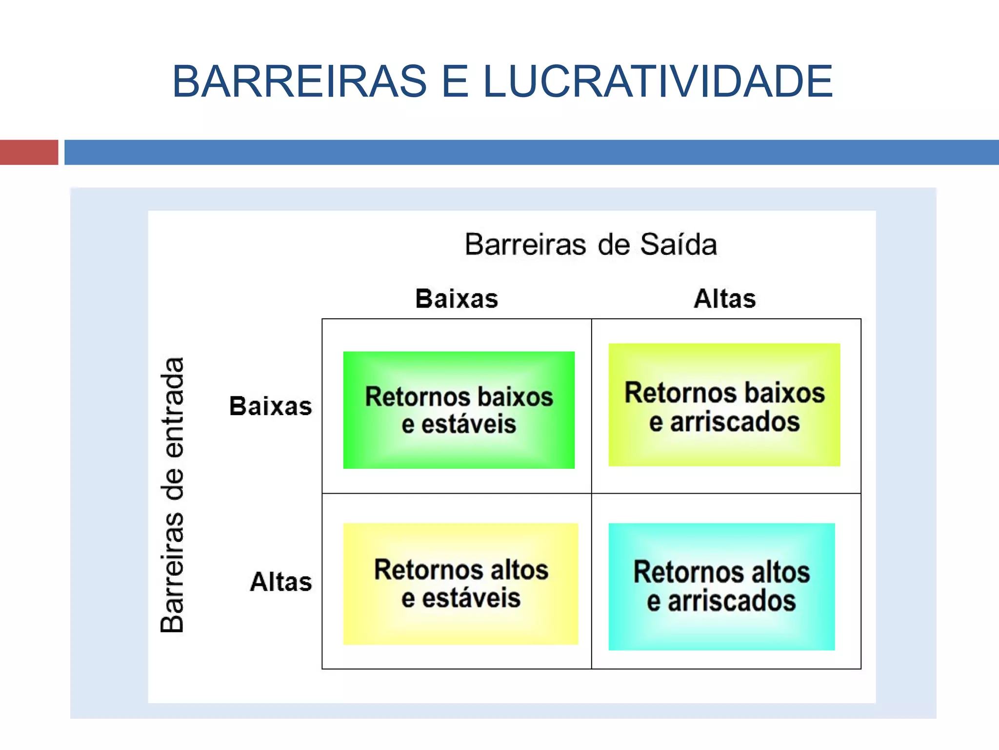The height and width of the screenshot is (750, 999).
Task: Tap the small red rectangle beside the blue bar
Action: (29, 152)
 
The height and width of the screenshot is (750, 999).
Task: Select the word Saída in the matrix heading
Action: (678, 245)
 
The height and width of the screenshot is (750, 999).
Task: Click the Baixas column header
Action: (457, 299)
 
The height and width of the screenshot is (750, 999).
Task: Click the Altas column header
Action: (725, 299)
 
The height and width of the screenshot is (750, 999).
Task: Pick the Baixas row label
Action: (271, 406)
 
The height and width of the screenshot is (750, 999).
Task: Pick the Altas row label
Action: (281, 582)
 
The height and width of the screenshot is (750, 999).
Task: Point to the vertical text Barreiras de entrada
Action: (172, 495)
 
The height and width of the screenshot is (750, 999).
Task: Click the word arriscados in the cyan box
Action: (732, 601)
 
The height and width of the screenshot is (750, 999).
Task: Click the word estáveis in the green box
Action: (469, 424)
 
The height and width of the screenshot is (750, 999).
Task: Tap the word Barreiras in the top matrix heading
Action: (525, 245)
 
